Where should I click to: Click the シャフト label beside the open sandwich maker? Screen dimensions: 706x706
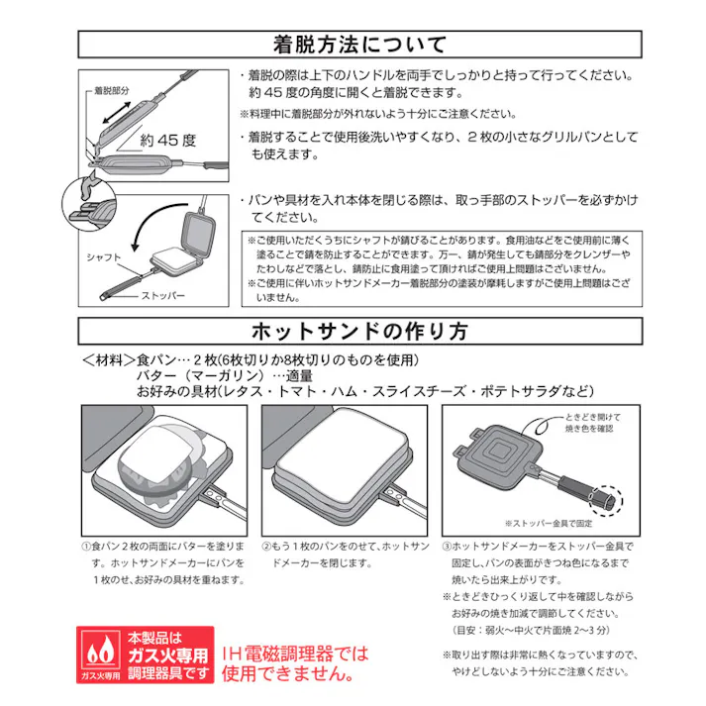point(104,256)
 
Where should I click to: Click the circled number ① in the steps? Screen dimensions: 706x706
point(85,546)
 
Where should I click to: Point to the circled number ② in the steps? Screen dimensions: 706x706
point(267,546)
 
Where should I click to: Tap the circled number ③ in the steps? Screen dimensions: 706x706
point(448,546)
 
